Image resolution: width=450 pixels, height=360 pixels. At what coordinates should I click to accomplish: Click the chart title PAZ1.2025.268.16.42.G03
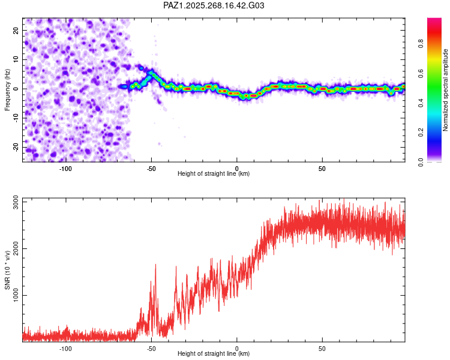click(x=214, y=6)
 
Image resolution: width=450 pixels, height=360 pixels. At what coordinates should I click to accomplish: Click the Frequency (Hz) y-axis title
click(x=7, y=89)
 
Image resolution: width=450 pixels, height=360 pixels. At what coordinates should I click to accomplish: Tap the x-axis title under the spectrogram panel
click(x=214, y=173)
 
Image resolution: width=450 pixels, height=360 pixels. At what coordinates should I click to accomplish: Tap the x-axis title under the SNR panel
click(x=214, y=353)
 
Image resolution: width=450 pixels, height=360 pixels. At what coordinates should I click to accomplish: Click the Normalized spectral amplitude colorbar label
click(x=445, y=90)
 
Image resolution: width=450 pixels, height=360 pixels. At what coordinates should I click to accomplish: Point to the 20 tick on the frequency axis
click(x=16, y=30)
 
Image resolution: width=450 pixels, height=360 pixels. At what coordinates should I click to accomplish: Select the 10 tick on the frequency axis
click(x=16, y=59)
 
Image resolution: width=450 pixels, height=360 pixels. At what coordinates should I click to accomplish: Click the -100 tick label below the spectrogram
click(x=65, y=168)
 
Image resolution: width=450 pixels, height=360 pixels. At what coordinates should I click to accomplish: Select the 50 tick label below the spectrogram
click(x=322, y=168)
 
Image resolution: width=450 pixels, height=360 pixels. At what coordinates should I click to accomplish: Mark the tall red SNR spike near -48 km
click(x=155, y=266)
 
